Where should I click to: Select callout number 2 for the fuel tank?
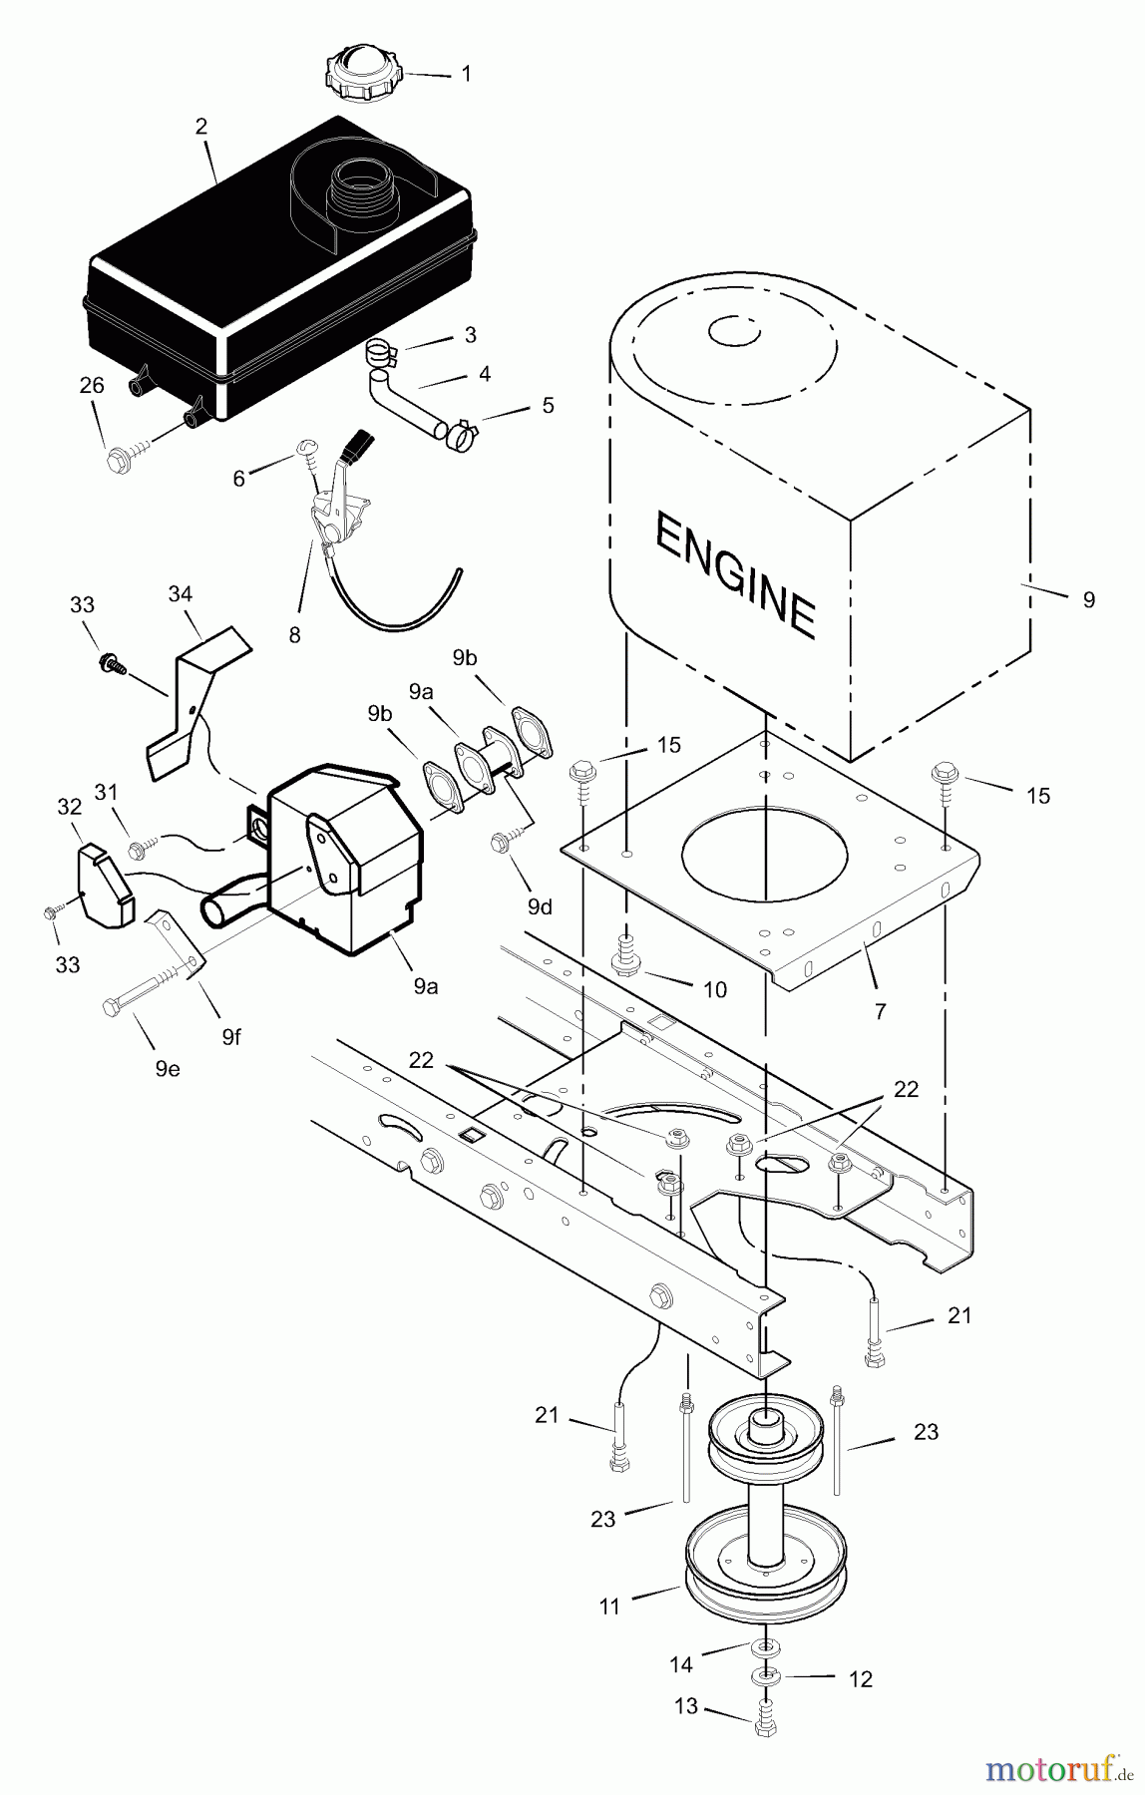click(x=201, y=126)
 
